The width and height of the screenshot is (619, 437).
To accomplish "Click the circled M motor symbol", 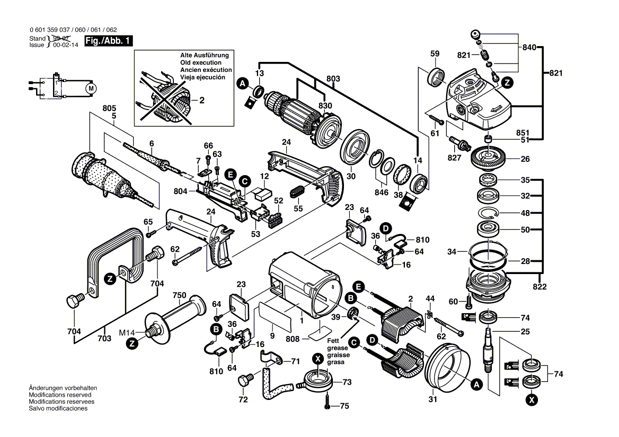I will [91, 87].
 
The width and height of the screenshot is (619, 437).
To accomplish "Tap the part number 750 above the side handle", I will [179, 295].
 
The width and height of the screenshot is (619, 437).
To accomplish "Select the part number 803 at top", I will [333, 78].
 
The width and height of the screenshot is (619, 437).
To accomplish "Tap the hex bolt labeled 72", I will [245, 380].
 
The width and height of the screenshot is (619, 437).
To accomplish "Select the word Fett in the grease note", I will [333, 341].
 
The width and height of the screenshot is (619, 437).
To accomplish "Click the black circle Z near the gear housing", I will [507, 83].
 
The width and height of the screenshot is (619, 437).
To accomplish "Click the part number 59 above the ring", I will [435, 53].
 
